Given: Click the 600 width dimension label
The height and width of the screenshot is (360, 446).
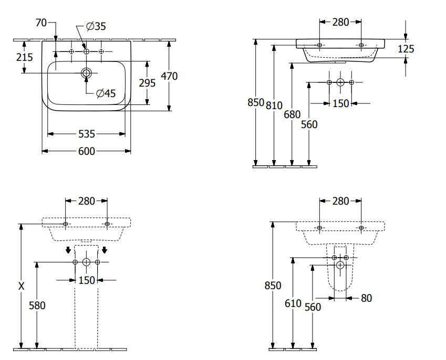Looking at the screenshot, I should [x=87, y=151].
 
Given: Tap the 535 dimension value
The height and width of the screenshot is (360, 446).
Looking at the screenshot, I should [x=87, y=134].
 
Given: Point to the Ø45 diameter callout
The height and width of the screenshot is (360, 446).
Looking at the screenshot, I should [x=106, y=93].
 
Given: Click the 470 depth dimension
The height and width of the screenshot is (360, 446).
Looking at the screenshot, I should [x=169, y=76].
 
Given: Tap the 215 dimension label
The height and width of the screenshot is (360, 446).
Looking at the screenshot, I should [x=25, y=57].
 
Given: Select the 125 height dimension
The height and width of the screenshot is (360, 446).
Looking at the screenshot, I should [x=406, y=49].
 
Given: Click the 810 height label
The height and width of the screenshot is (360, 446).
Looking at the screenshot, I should [x=274, y=105].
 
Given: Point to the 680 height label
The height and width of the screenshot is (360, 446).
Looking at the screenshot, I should [x=292, y=114].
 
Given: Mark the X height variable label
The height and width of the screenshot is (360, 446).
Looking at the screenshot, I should [x=21, y=286].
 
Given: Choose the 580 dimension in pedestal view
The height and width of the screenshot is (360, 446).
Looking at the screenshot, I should [x=37, y=305].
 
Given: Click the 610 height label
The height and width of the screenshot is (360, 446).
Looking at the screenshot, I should [x=293, y=303].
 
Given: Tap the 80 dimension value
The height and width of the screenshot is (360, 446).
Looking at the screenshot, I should [x=366, y=298].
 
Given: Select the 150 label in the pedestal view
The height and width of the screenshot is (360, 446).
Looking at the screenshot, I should [x=87, y=280].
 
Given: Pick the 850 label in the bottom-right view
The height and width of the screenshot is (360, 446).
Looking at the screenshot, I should [x=273, y=286].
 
